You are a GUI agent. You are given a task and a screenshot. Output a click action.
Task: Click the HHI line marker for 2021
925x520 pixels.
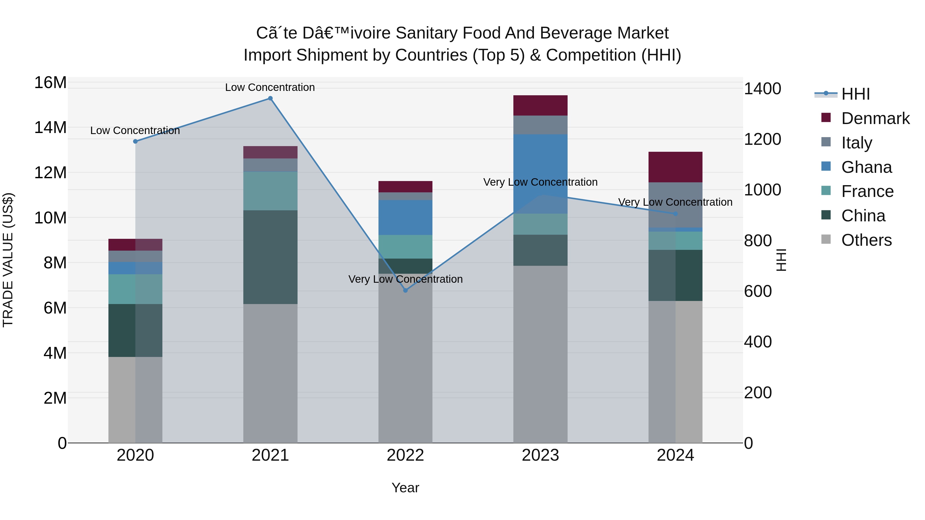[270, 98]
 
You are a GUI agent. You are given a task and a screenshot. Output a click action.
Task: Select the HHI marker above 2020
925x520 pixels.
[135, 141]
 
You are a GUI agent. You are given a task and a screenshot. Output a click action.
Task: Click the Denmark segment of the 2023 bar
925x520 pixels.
[540, 106]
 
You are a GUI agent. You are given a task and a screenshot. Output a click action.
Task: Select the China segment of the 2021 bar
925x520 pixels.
[270, 257]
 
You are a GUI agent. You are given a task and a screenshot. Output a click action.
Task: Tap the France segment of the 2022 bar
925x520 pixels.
[405, 247]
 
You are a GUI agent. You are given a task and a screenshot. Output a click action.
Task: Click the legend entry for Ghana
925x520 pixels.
[866, 167]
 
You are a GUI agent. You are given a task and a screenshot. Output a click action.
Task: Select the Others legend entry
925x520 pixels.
[866, 240]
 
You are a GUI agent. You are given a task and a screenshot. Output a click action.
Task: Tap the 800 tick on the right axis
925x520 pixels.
[758, 241]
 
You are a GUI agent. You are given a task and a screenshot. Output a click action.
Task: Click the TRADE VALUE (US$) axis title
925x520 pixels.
[8, 260]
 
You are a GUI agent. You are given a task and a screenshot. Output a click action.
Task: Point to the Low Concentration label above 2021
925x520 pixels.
[270, 88]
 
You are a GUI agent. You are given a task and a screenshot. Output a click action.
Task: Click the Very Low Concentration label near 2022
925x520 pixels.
[405, 279]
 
